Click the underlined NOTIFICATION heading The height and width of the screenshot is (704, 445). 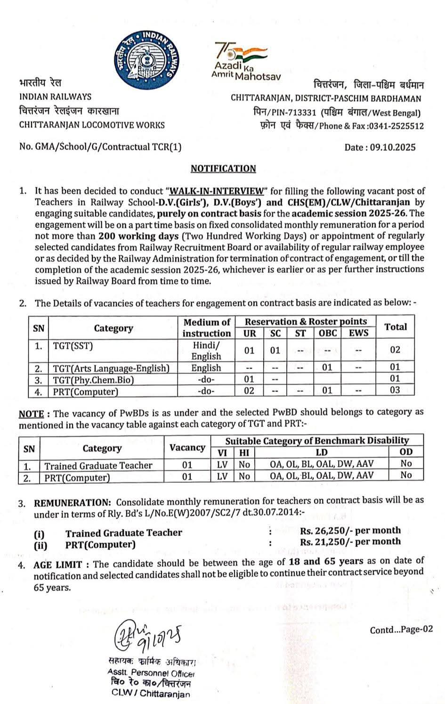pyautogui.click(x=223, y=169)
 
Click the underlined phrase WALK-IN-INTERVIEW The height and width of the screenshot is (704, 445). pyautogui.click(x=217, y=191)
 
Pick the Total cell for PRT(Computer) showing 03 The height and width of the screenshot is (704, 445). pyautogui.click(x=395, y=390)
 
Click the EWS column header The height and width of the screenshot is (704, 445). pyautogui.click(x=359, y=333)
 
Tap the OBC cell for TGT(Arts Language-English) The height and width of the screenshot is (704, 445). pyautogui.click(x=327, y=368)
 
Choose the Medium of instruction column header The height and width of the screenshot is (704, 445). pyautogui.click(x=207, y=327)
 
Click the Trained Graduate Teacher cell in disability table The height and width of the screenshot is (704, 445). pyautogui.click(x=98, y=466)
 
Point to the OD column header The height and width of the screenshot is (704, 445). pyautogui.click(x=406, y=452)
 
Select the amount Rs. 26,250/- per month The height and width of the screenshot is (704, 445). pyautogui.click(x=350, y=531)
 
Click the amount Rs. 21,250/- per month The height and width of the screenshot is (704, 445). pyautogui.click(x=350, y=542)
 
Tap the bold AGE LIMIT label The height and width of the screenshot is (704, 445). pyautogui.click(x=58, y=564)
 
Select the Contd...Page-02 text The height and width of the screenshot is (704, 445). pyautogui.click(x=401, y=630)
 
